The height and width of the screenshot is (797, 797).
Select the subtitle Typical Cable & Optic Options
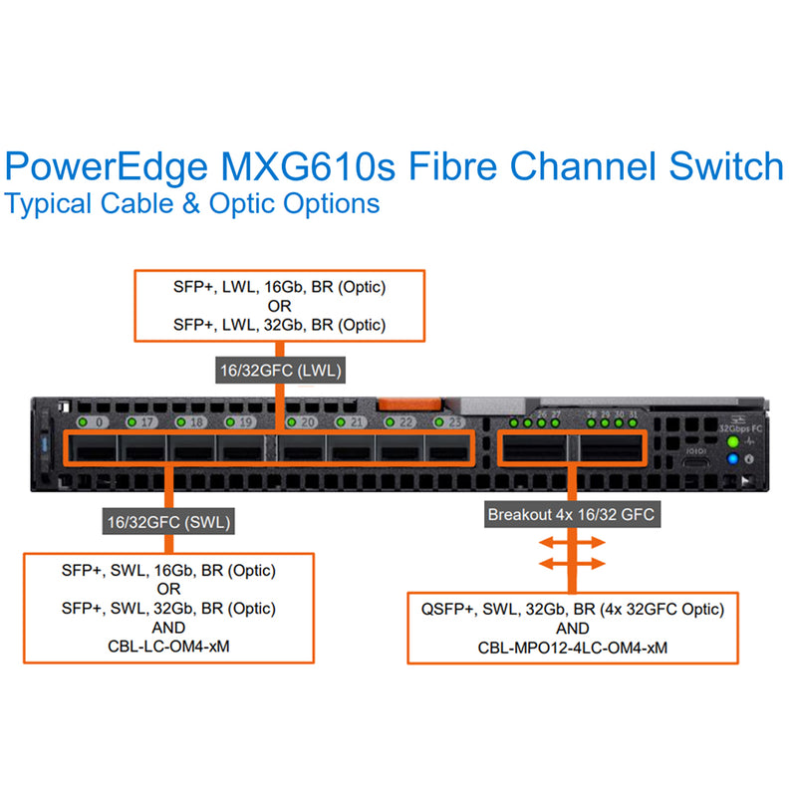192,203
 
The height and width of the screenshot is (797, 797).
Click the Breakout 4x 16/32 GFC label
572,515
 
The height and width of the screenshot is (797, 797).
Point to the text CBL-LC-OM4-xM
168,645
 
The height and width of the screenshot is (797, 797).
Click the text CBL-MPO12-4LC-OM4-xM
572,647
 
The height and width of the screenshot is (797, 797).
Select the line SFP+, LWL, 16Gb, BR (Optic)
279,288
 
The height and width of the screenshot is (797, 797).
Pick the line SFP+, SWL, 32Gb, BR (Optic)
168,608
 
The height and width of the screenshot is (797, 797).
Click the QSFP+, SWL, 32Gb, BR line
572,609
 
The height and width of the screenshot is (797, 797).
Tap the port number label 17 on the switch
146,422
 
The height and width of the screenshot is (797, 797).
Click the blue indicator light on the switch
733,458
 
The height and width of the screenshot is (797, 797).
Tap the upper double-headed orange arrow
571,543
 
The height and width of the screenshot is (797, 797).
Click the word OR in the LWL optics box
279,306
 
